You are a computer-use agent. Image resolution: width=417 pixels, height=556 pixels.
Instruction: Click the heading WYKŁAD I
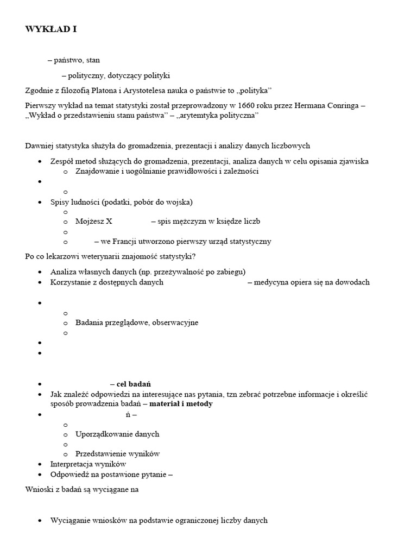[x=50, y=30]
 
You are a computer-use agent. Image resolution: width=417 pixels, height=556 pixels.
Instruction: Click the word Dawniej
[x=40, y=146]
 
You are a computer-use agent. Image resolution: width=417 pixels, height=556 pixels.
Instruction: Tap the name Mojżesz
[x=90, y=222]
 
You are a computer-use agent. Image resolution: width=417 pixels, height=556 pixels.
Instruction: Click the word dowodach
[x=351, y=282]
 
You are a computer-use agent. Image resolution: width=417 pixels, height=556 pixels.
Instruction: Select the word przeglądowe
[x=128, y=323]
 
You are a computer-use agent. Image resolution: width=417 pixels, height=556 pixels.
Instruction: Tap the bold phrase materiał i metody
[x=181, y=404]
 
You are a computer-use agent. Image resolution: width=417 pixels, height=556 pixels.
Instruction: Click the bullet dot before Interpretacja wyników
[x=41, y=464]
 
